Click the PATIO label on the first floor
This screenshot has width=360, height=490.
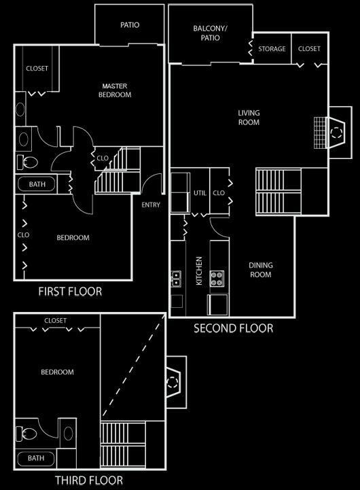click(130, 24)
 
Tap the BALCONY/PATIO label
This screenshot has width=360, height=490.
click(210, 33)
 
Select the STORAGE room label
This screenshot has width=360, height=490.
click(272, 49)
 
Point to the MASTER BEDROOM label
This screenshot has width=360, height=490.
click(115, 90)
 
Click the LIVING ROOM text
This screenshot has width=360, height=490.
click(249, 118)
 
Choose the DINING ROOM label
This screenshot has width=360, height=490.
click(261, 270)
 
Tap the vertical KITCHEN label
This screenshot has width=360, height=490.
click(199, 270)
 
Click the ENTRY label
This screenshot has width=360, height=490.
click(151, 205)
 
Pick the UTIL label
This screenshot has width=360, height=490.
click(200, 193)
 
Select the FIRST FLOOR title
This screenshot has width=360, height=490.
click(70, 292)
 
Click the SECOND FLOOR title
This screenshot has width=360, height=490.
click(234, 328)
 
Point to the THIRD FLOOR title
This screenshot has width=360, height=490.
click(89, 480)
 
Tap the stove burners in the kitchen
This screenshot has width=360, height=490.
click(217, 279)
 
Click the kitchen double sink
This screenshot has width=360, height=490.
click(176, 279)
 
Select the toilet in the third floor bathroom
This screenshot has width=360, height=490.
click(26, 434)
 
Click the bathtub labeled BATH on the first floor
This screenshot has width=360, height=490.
click(37, 184)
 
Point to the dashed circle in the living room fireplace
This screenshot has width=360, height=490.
click(336, 133)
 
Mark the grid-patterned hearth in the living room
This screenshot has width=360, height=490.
click(320, 133)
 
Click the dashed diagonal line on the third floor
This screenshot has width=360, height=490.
click(133, 366)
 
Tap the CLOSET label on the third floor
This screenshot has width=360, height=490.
click(55, 321)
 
